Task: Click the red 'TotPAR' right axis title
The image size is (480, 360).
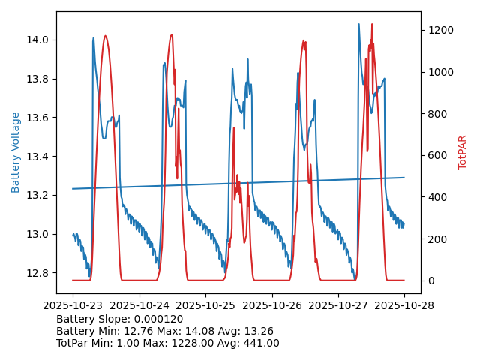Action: point(463,152)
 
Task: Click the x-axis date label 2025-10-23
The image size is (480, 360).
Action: point(73,306)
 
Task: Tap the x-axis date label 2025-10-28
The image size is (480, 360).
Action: point(404,306)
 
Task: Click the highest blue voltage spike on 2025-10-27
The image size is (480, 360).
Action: point(358,24)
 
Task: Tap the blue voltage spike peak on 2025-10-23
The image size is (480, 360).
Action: point(94,37)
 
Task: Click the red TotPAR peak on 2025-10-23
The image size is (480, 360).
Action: point(105,36)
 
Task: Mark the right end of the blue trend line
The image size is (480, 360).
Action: point(404,178)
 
